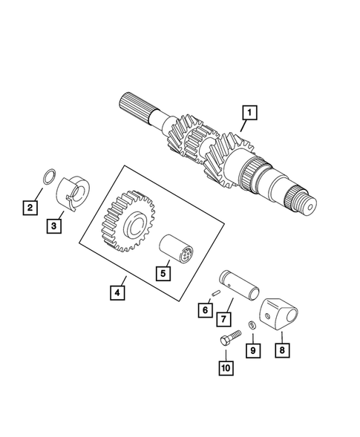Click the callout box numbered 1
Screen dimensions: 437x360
[249, 114]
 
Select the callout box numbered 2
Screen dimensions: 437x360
[29, 207]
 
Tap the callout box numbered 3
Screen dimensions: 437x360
[55, 226]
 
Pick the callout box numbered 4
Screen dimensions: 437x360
[117, 292]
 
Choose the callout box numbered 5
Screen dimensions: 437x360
[163, 272]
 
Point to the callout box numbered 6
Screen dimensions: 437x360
[203, 310]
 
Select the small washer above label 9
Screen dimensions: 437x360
[252, 326]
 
